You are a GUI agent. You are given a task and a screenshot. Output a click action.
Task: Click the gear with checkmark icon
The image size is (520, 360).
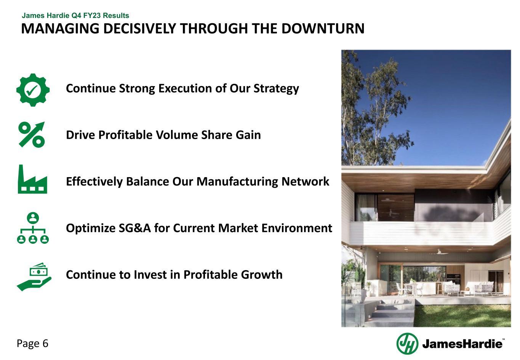tap(33, 90)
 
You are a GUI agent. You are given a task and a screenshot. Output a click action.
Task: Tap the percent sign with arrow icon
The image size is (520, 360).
tap(32, 134)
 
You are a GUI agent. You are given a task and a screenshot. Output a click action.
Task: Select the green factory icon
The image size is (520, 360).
tap(32, 179)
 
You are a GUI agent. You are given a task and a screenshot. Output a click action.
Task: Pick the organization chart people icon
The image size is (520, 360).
tap(33, 228)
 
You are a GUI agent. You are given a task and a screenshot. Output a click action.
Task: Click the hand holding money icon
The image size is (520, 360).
tap(34, 277)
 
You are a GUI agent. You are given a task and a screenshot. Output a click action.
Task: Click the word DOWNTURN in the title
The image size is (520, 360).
tap(323, 29)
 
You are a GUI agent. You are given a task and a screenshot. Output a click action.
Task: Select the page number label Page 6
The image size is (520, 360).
tap(32, 344)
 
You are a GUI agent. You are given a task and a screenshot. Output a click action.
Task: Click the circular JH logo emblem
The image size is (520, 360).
tap(407, 344)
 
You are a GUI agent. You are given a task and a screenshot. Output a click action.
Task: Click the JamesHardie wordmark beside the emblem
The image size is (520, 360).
tap(462, 344)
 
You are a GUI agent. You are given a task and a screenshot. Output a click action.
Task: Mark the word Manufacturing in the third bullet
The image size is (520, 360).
tap(237, 181)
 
